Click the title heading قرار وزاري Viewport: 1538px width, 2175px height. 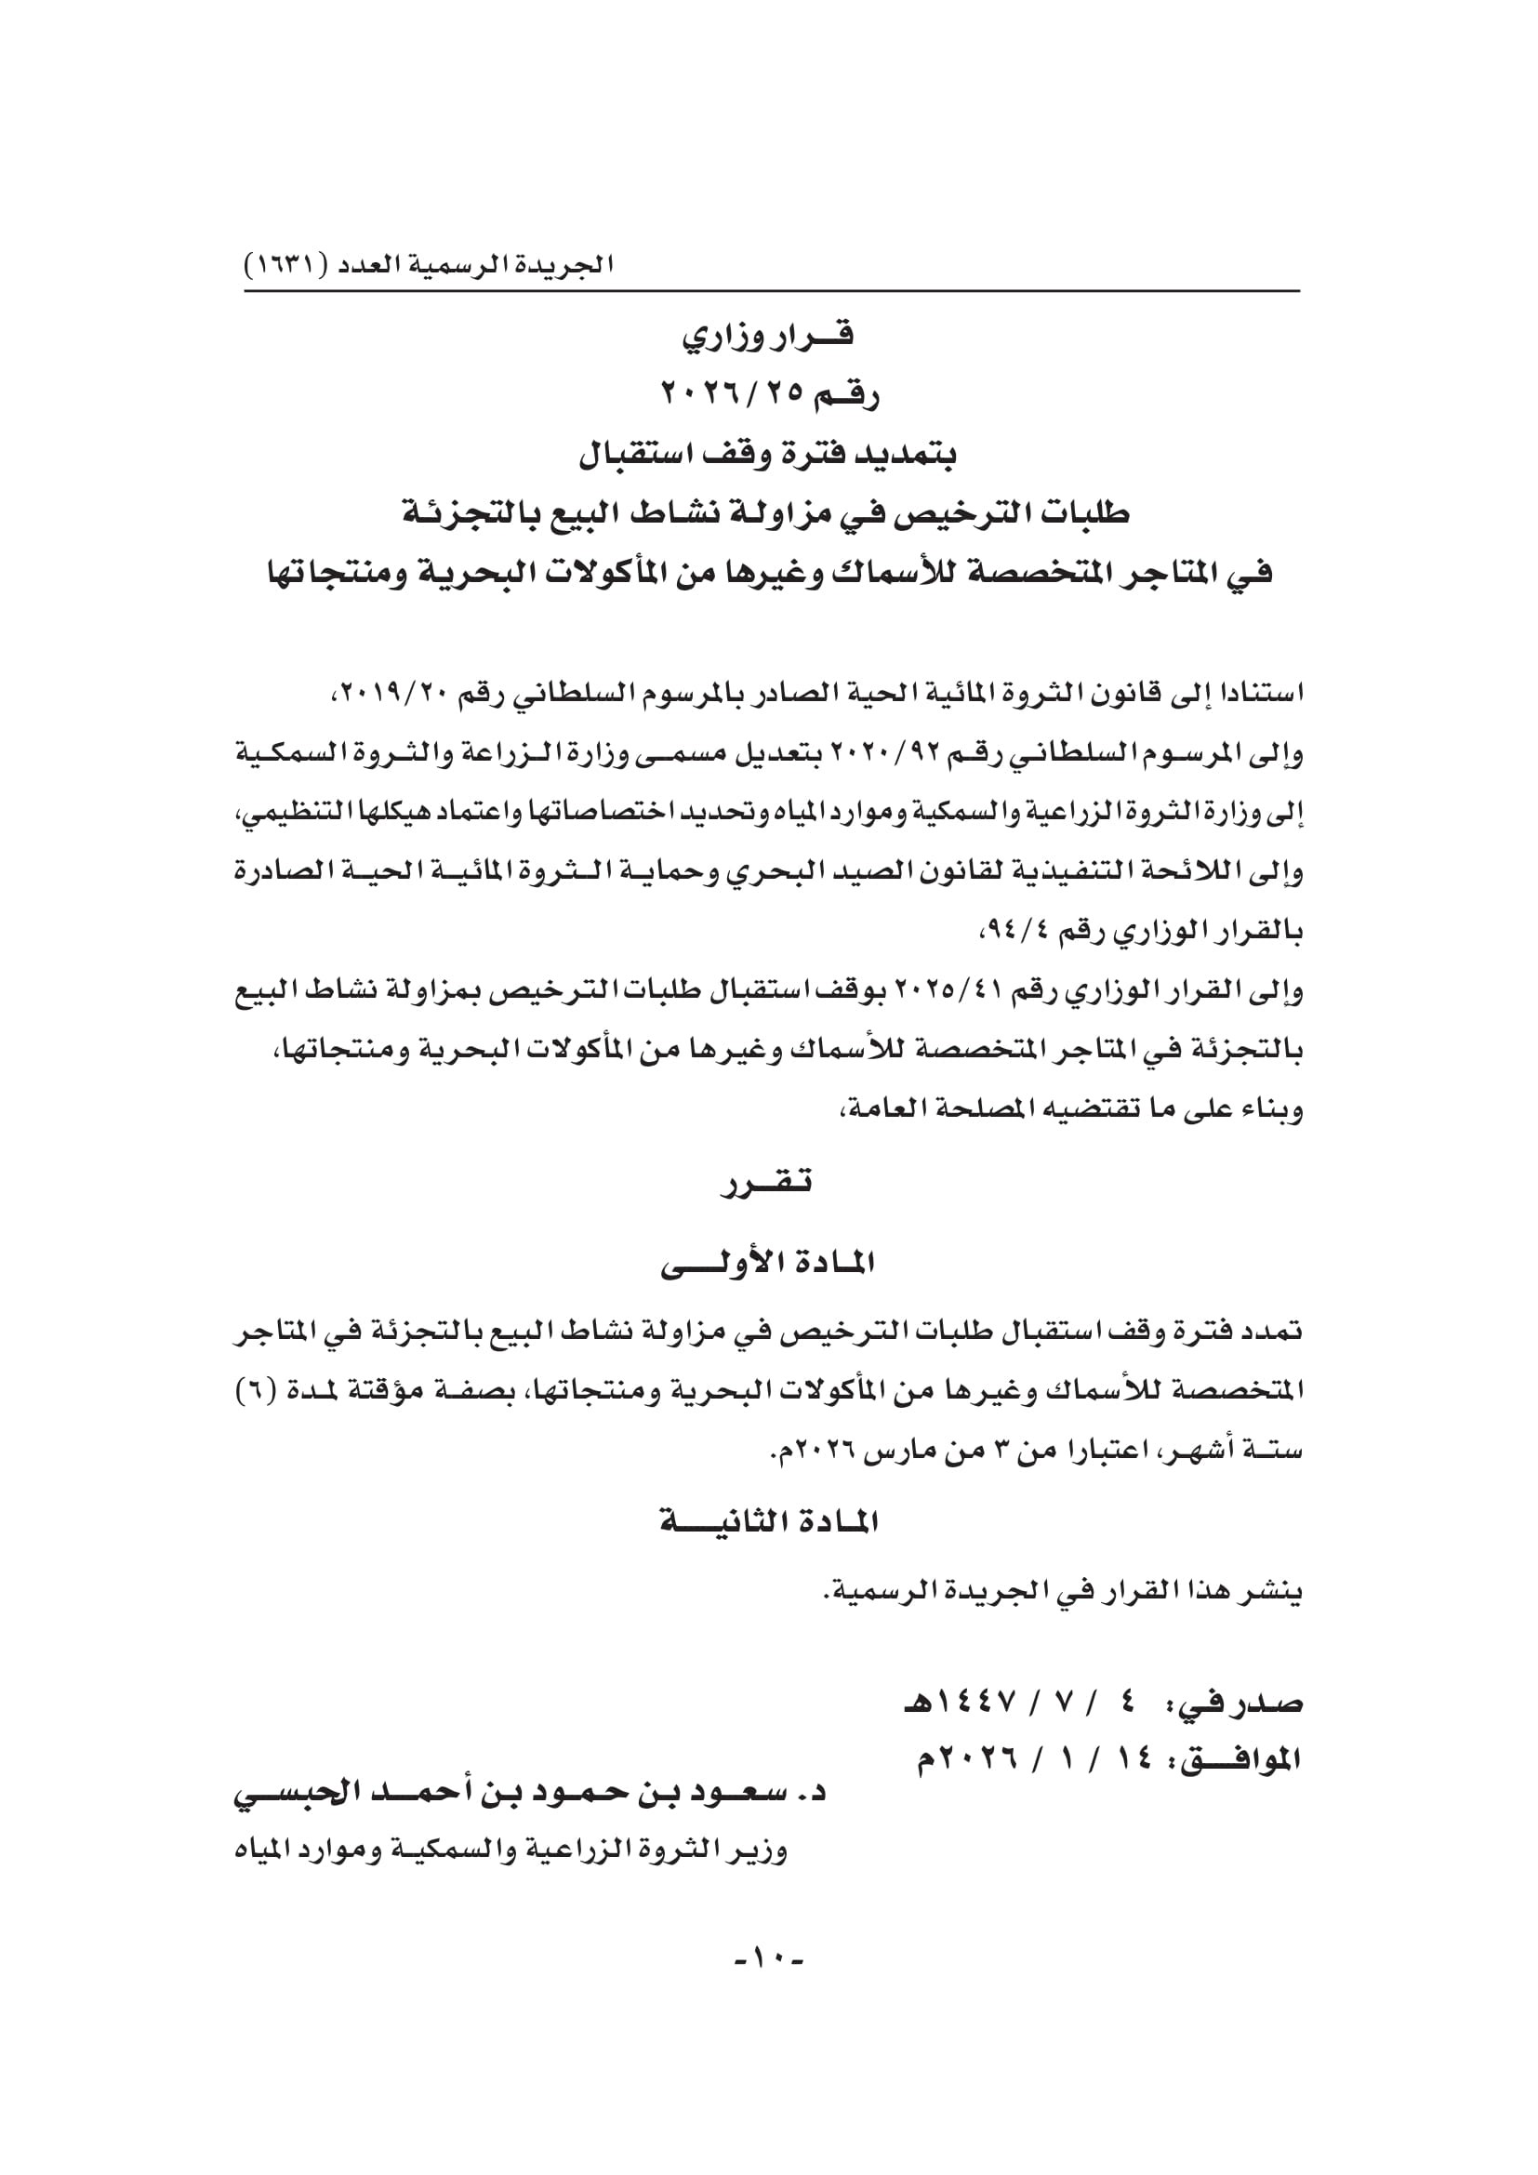(768, 336)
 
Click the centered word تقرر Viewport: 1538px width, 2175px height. (768, 1183)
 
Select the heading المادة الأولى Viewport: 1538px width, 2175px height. (768, 1263)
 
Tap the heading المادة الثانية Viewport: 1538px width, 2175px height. (768, 1522)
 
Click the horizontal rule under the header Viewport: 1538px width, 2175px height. (772, 291)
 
